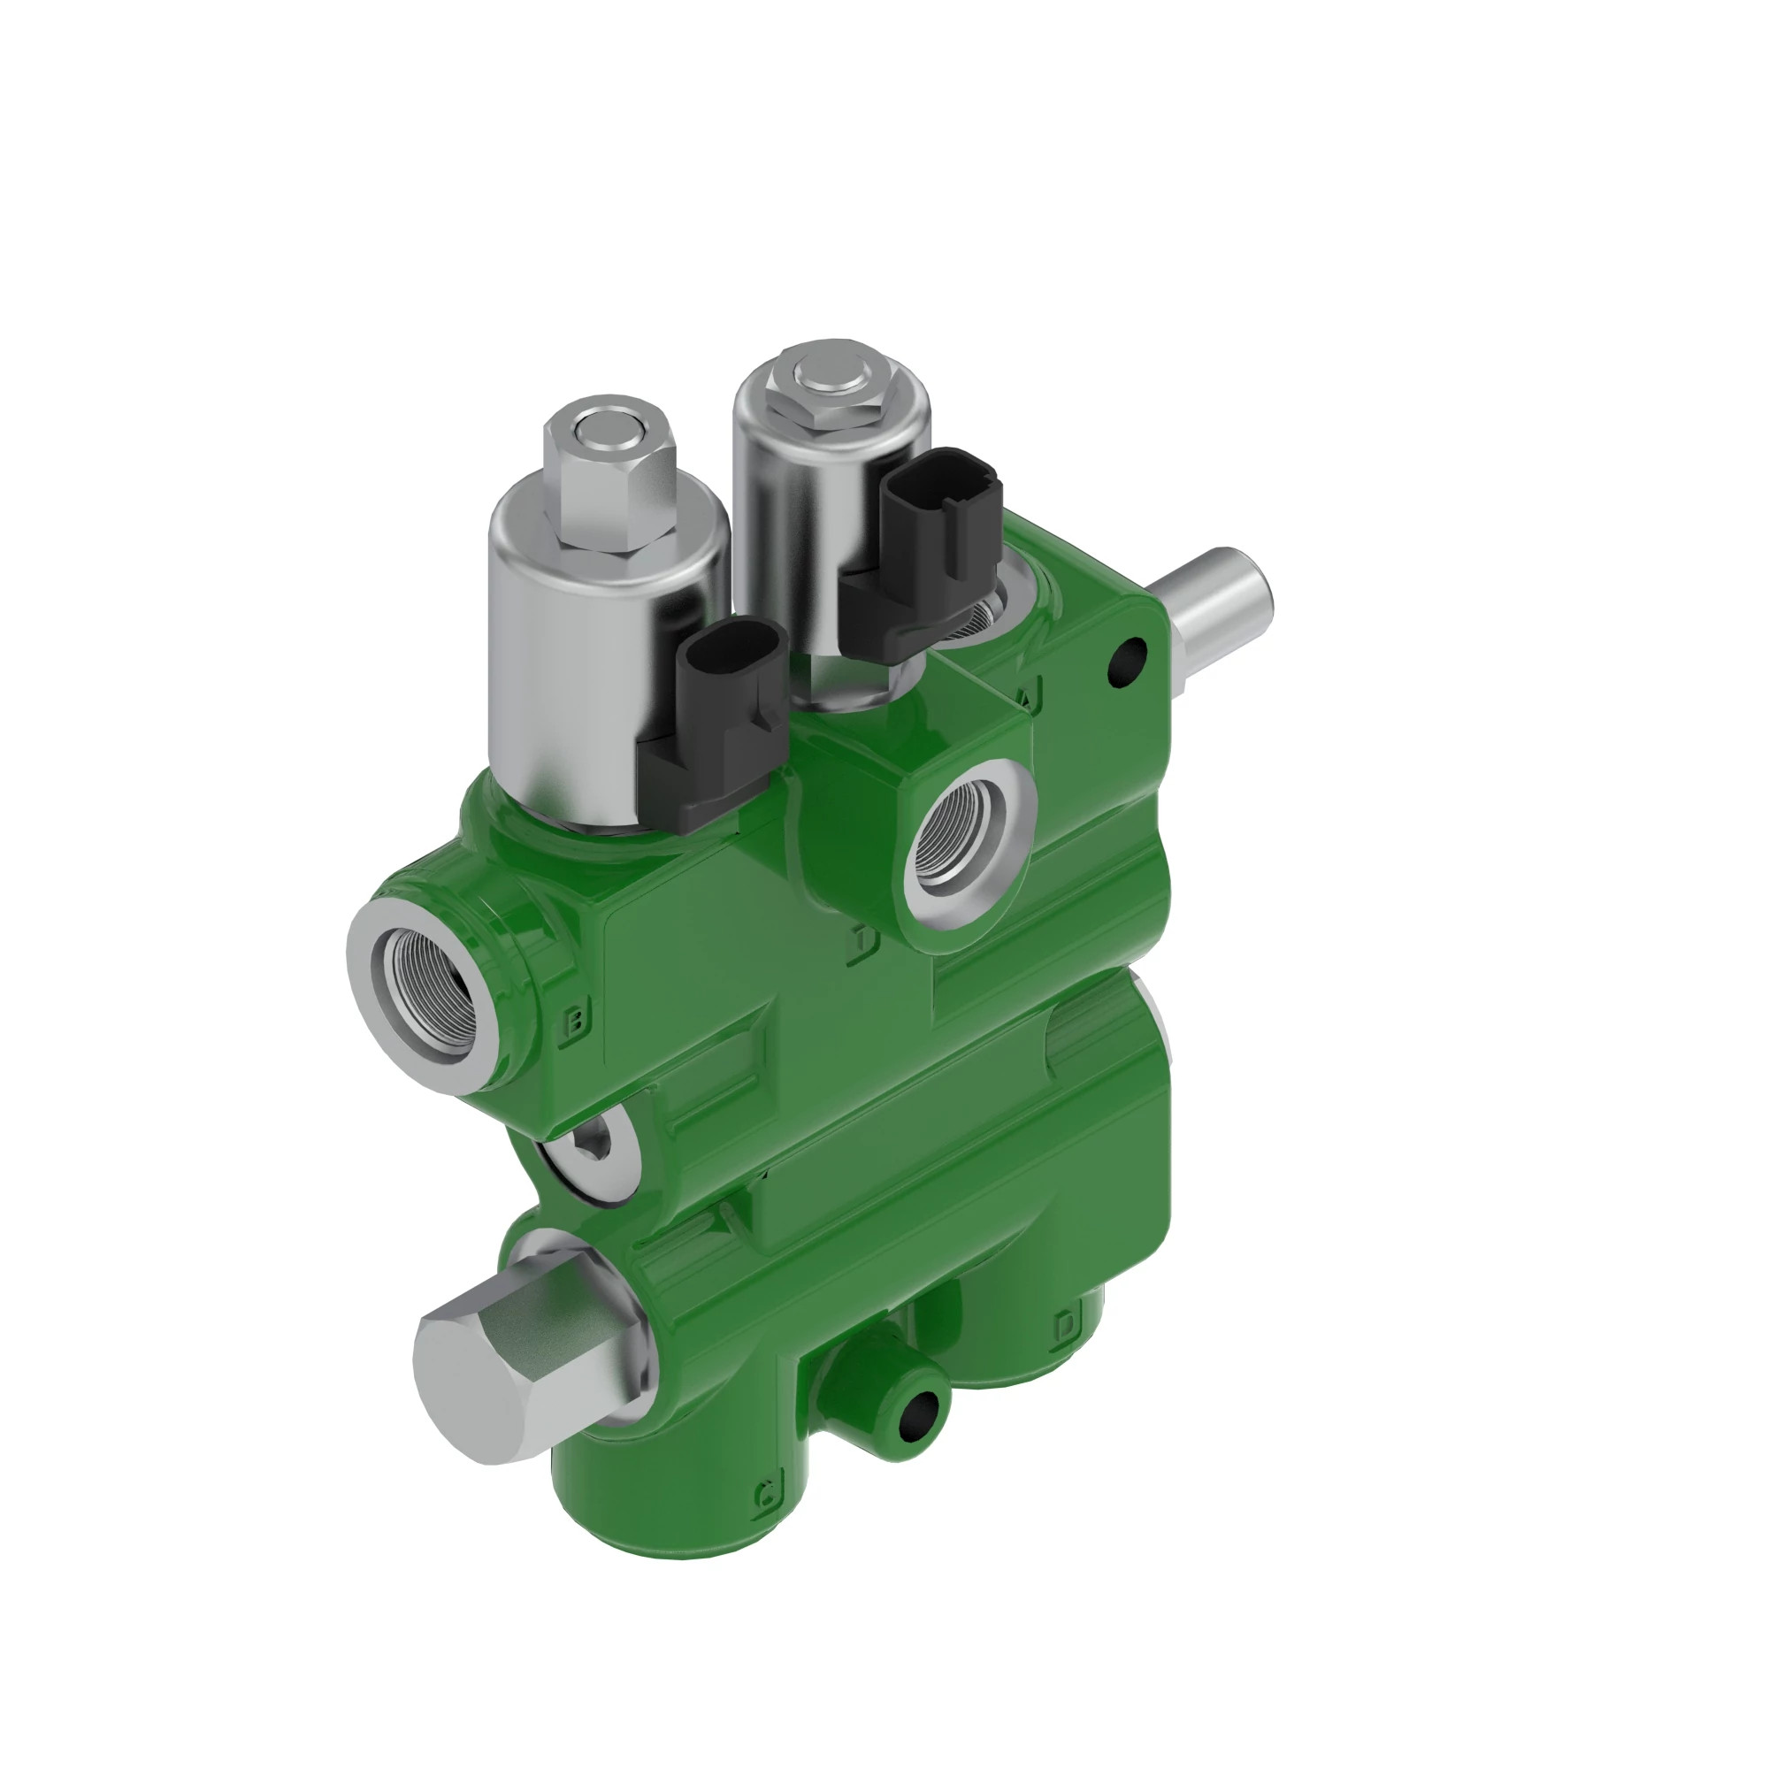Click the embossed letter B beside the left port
575,1019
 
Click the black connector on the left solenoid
724,724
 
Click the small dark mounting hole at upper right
1127,659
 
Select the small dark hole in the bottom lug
918,1413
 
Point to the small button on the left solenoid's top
601,425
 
